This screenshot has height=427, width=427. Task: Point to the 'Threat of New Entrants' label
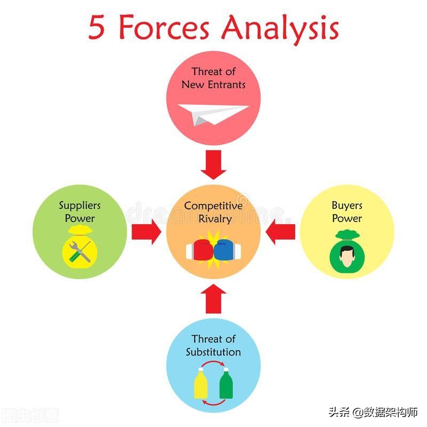(213, 78)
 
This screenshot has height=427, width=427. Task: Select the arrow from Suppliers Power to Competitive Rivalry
(146, 231)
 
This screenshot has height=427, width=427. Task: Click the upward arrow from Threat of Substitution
(213, 299)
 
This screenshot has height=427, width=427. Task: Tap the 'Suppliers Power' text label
(80, 211)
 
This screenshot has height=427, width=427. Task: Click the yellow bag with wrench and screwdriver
(80, 250)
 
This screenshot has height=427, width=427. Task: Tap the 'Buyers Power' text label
(347, 211)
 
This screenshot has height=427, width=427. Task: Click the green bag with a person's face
(347, 253)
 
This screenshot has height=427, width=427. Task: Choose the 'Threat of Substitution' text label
(213, 345)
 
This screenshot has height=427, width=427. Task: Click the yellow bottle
(201, 383)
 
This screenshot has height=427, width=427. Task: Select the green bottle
(225, 383)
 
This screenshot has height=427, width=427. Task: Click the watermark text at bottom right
(373, 412)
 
